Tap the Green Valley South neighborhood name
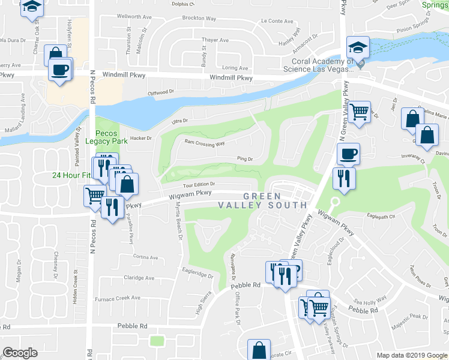click(x=275, y=200)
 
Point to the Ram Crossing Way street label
click(x=204, y=143)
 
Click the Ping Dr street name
click(x=245, y=159)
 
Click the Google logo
click(x=20, y=353)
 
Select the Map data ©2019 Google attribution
click(x=411, y=355)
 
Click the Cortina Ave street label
click(x=145, y=257)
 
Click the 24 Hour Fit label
click(x=71, y=175)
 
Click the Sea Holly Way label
click(x=369, y=301)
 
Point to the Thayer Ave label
click(x=215, y=40)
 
